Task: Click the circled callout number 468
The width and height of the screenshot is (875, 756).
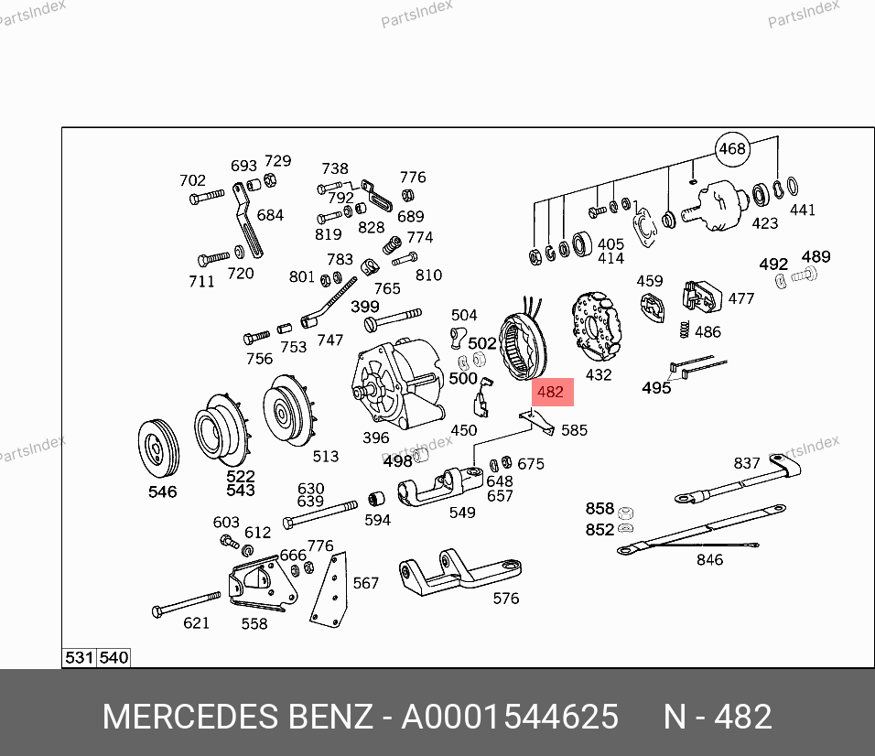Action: (732, 149)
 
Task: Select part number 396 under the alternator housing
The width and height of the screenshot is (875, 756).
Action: (376, 437)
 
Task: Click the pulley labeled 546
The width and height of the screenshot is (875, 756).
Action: (158, 448)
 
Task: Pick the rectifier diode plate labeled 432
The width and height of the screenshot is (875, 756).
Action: (596, 327)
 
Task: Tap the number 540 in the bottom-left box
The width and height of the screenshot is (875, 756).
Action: (113, 658)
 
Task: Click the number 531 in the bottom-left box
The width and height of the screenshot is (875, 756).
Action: (80, 658)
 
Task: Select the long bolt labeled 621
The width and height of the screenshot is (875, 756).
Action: (186, 604)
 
